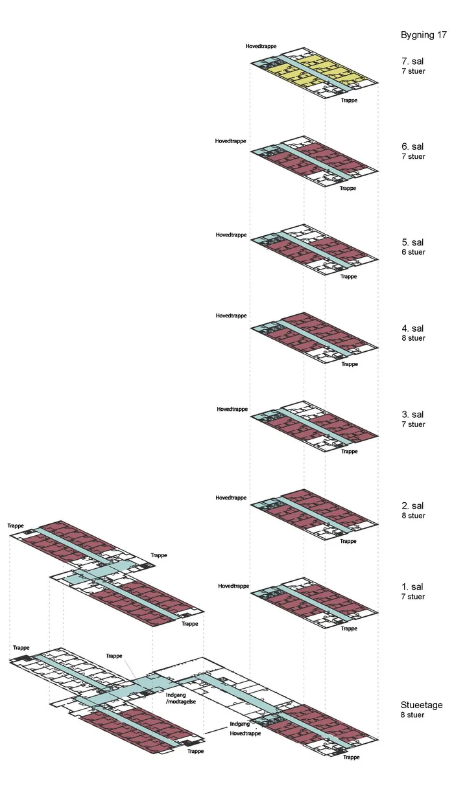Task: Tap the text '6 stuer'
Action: tap(413, 252)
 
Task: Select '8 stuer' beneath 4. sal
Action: tap(413, 338)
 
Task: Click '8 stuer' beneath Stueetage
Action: tap(413, 715)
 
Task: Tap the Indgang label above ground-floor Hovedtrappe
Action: tap(240, 724)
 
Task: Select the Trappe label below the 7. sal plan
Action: tap(350, 100)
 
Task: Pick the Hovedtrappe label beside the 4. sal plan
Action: tap(232, 316)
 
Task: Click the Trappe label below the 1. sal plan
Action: tap(349, 628)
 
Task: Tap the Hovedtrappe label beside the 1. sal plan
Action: tap(233, 586)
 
